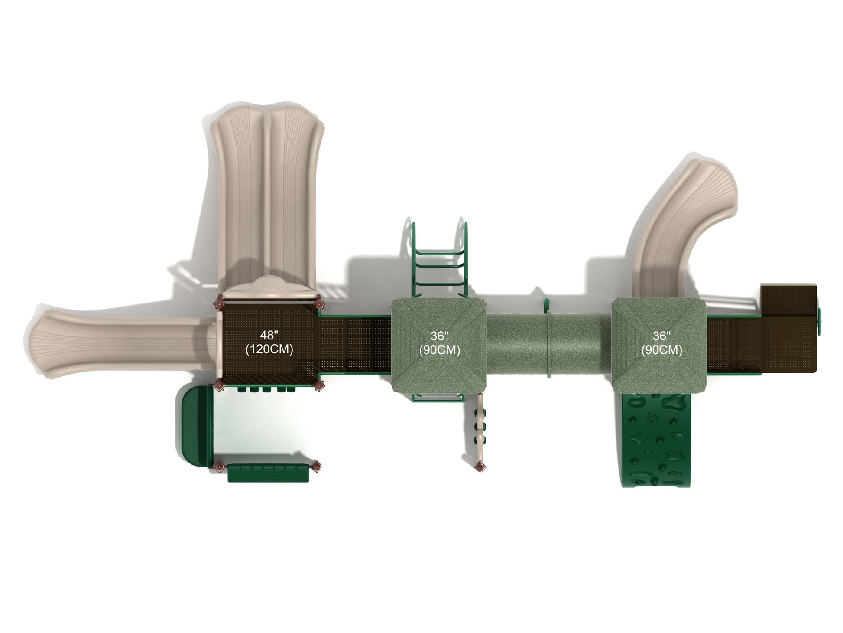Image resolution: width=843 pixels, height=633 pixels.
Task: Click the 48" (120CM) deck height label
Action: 269,343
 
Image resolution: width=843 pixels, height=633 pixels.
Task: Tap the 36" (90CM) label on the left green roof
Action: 439,343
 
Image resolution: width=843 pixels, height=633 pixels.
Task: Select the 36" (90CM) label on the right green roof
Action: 661,343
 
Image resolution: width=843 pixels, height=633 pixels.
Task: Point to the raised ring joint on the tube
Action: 549,345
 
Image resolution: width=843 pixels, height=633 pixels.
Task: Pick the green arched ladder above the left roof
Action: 439,260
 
